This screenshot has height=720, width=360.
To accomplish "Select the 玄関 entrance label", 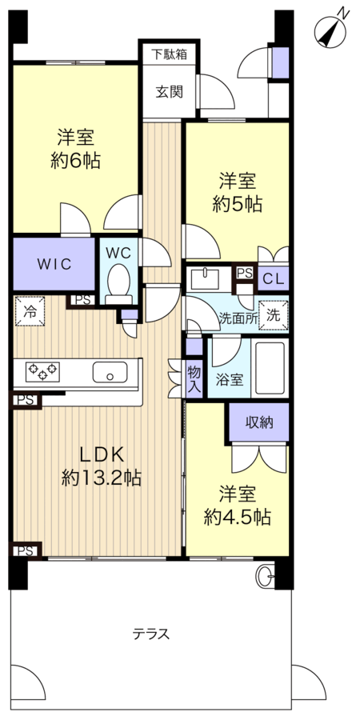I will (169, 90).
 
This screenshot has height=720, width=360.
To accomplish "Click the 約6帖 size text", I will (78, 159).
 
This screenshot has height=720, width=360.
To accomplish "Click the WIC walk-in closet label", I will (54, 264).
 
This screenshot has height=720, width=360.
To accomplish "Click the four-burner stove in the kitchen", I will (42, 370).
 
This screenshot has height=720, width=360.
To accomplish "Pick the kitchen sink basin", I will (110, 371).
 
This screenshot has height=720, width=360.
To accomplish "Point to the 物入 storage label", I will (194, 378).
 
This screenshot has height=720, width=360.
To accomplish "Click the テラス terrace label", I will (151, 634).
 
